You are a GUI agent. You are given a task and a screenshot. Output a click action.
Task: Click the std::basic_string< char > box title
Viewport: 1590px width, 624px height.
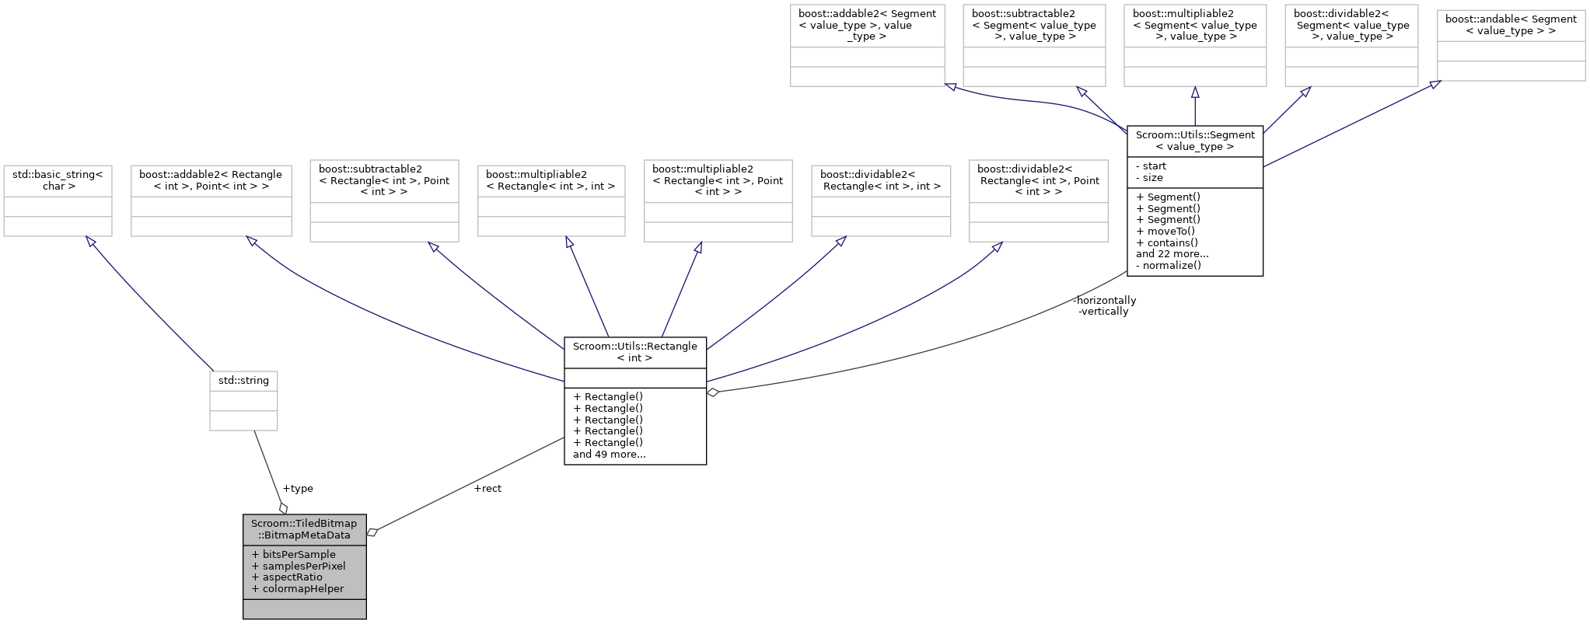(58, 180)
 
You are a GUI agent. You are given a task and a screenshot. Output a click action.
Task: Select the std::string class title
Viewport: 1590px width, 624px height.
(243, 381)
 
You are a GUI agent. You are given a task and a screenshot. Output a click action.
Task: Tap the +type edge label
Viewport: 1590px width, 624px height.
(299, 489)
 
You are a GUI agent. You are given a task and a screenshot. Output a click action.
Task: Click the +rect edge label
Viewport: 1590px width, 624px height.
(488, 489)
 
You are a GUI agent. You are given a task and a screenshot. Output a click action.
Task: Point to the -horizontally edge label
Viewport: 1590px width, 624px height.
(1105, 301)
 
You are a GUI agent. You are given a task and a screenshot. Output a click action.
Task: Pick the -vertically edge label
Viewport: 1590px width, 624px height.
(1104, 312)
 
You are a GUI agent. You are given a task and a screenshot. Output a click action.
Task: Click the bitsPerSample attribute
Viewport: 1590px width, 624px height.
(295, 555)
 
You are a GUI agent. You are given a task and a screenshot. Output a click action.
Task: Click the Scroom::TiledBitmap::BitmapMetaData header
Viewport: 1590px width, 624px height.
(304, 529)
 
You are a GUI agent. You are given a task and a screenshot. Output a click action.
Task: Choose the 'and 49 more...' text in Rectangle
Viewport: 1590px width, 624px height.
(610, 455)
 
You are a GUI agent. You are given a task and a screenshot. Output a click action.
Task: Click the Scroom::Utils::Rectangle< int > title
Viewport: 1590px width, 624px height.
(635, 352)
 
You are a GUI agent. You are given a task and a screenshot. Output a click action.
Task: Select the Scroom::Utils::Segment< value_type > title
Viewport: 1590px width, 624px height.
(1195, 141)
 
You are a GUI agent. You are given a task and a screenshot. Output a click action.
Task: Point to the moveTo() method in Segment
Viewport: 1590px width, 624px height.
(1165, 231)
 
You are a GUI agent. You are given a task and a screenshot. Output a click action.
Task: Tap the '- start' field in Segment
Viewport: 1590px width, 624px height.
(1152, 166)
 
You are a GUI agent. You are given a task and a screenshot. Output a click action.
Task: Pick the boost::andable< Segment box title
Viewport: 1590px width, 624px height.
(1511, 25)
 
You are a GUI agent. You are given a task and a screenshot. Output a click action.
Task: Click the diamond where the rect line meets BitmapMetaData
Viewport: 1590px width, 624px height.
(372, 532)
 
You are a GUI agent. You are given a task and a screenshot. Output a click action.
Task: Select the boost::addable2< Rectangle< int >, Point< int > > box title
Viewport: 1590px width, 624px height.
(211, 180)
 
